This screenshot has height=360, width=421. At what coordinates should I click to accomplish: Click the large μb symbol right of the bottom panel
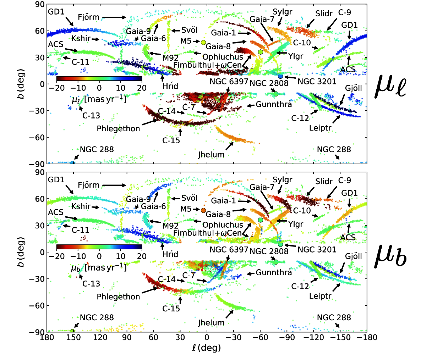(x=390, y=256)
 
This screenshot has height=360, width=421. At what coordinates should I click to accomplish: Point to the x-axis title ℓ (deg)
(x=206, y=347)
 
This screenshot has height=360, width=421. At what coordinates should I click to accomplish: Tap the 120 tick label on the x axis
(x=100, y=337)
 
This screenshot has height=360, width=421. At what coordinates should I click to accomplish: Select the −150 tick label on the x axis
(x=340, y=337)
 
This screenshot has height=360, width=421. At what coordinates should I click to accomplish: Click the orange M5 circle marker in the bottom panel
(x=203, y=211)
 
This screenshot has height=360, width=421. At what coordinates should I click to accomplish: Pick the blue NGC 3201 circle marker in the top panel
(x=280, y=76)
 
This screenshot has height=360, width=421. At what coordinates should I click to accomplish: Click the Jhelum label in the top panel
(x=211, y=155)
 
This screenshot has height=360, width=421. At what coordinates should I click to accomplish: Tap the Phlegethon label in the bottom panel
(x=118, y=297)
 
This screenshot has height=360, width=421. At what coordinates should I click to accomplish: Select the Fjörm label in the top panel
(x=89, y=17)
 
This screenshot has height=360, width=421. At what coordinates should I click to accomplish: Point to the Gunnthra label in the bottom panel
(x=274, y=272)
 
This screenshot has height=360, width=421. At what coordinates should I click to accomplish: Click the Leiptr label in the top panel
(x=320, y=128)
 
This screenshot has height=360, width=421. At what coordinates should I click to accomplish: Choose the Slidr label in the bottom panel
(x=324, y=182)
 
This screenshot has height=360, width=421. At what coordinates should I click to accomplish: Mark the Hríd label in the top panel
(x=170, y=86)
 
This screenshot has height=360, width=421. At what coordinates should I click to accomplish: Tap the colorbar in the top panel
(x=99, y=78)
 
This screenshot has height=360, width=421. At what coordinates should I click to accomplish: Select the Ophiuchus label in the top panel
(x=223, y=57)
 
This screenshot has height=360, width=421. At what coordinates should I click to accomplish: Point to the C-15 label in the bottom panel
(x=171, y=309)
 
